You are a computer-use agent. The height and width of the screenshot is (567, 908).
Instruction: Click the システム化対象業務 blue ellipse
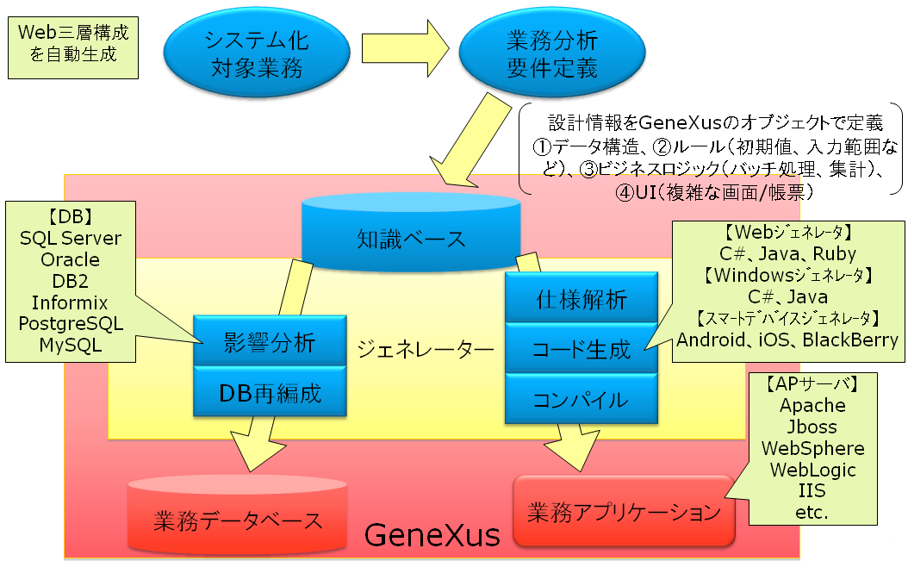point(256,54)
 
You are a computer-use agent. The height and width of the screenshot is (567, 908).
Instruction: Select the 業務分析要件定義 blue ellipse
point(552,54)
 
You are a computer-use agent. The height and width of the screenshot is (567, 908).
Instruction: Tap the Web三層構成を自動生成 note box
point(74,44)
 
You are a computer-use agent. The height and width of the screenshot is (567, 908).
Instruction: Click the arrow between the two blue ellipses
point(403,53)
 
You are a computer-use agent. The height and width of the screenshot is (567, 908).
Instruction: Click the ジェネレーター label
point(426,349)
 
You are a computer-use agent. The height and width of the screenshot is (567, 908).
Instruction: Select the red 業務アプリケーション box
point(623,512)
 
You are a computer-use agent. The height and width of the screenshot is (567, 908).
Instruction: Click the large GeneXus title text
point(432,536)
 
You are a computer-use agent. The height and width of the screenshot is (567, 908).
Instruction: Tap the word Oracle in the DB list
point(71,259)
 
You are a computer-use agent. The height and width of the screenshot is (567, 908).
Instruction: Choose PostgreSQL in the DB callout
point(71,324)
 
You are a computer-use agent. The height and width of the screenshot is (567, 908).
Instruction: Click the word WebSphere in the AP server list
point(812,448)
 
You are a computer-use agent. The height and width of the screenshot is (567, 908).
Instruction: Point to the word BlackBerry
point(850,340)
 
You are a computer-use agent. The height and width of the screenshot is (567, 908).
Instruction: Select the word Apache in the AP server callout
point(812,405)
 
